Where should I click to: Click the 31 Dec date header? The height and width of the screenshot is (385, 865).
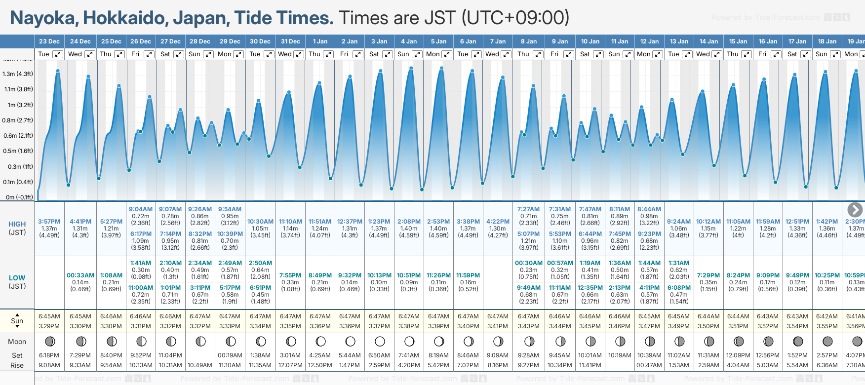pyautogui.click(x=290, y=41)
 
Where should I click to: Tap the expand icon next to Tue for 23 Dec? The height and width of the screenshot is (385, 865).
pyautogui.click(x=58, y=54)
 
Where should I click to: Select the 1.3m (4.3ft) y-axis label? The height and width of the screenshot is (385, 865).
pyautogui.click(x=18, y=74)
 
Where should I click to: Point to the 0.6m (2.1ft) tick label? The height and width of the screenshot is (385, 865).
pyautogui.click(x=18, y=136)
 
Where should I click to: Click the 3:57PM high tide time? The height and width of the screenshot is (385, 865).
pyautogui.click(x=49, y=222)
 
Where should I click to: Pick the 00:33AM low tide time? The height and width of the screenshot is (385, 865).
pyautogui.click(x=80, y=275)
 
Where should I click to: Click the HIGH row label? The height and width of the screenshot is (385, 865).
pyautogui.click(x=17, y=224)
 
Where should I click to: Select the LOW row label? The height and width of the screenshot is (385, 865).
pyautogui.click(x=17, y=278)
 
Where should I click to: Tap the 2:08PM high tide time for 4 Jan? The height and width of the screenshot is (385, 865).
pyautogui.click(x=409, y=222)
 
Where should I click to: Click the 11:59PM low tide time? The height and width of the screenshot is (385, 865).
pyautogui.click(x=468, y=275)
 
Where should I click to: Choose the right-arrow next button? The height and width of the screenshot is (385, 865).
pyautogui.click(x=855, y=210)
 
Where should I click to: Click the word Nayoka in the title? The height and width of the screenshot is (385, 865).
pyautogui.click(x=43, y=18)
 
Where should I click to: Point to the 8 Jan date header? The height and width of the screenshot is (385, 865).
pyautogui.click(x=529, y=41)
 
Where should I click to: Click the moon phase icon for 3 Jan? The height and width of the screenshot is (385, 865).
pyautogui.click(x=380, y=341)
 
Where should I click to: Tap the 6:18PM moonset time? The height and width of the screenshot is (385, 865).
pyautogui.click(x=49, y=355)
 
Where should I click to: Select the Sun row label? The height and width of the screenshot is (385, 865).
pyautogui.click(x=17, y=321)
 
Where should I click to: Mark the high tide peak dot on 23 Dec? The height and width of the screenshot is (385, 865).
pyautogui.click(x=58, y=71)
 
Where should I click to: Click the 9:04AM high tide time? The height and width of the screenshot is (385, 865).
pyautogui.click(x=141, y=209)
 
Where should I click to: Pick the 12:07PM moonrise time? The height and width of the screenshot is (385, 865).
pyautogui.click(x=290, y=365)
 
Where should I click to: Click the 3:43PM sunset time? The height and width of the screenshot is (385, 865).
pyautogui.click(x=528, y=326)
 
